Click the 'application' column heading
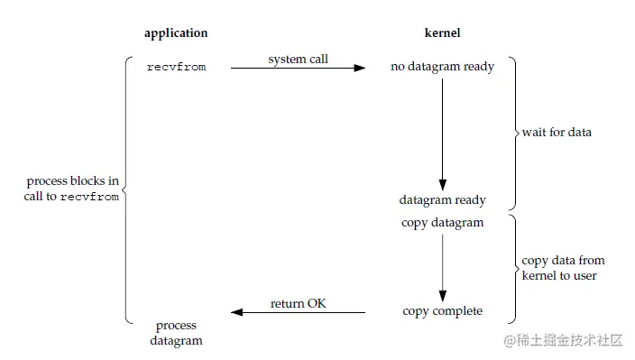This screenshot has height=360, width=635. pos(176,33)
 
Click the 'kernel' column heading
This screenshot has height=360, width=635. pos(442,33)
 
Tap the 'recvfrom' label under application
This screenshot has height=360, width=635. pos(176,68)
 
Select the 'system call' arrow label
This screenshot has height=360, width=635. pos(299,60)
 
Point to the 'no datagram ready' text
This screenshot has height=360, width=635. pos(442,67)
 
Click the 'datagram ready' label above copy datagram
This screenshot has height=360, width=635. pos(442,200)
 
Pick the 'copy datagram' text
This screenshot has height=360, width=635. pos(442,223)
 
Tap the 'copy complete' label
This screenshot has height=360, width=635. pos(442,311)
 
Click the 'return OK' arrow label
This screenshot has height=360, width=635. pos(299,303)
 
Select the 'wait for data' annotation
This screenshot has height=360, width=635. pos(557,133)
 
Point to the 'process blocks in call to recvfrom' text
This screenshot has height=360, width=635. pos(72,189)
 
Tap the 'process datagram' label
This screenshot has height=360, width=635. pos(176,333)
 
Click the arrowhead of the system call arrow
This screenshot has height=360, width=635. pos(360,68)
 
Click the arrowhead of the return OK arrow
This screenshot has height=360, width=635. pos(237,312)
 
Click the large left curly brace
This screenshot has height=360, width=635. pos(127,189)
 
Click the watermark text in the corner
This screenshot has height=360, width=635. pos(564,341)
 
